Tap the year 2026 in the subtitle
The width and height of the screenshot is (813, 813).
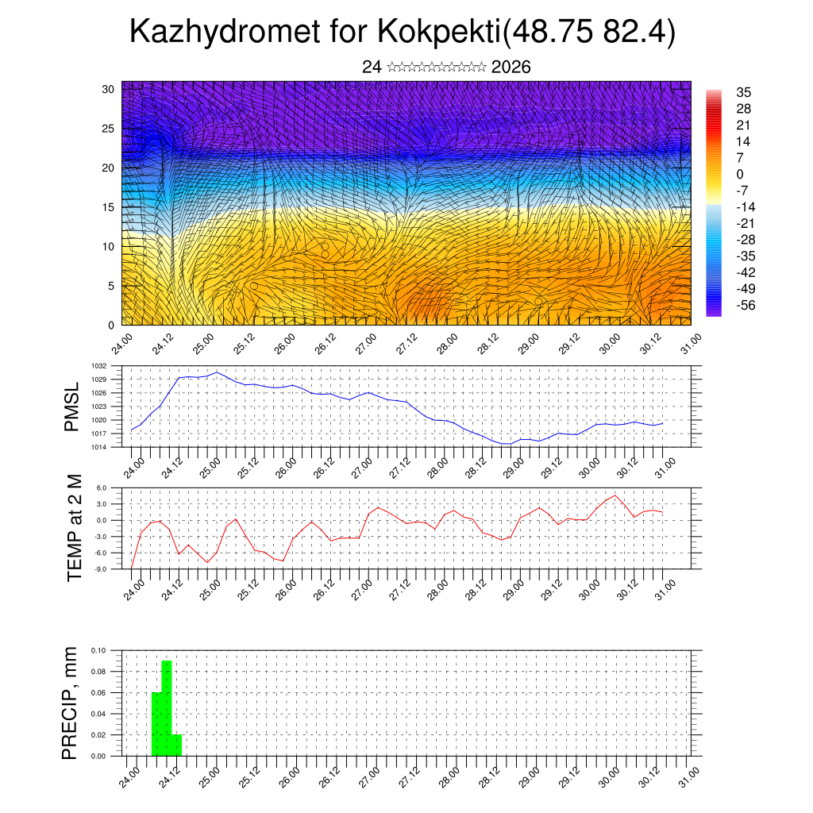pyautogui.click(x=511, y=67)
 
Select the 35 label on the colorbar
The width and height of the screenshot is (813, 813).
pyautogui.click(x=744, y=92)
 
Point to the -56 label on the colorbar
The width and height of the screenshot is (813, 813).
pyautogui.click(x=746, y=304)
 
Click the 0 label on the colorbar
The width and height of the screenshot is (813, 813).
pyautogui.click(x=741, y=174)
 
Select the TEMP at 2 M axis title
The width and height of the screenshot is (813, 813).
pyautogui.click(x=75, y=527)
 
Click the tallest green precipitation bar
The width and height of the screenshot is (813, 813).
pyautogui.click(x=167, y=707)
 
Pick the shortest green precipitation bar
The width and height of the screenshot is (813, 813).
pyautogui.click(x=177, y=745)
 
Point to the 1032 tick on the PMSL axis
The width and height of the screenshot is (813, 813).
pyautogui.click(x=98, y=366)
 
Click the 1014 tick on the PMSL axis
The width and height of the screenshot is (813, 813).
pyautogui.click(x=98, y=447)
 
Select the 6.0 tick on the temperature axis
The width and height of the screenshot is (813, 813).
pyautogui.click(x=101, y=487)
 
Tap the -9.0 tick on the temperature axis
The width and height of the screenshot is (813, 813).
pyautogui.click(x=100, y=569)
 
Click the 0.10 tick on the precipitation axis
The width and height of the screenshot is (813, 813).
pyautogui.click(x=98, y=649)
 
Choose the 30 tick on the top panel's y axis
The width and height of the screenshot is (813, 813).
pyautogui.click(x=108, y=89)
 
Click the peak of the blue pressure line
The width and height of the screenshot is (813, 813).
pyautogui.click(x=217, y=372)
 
